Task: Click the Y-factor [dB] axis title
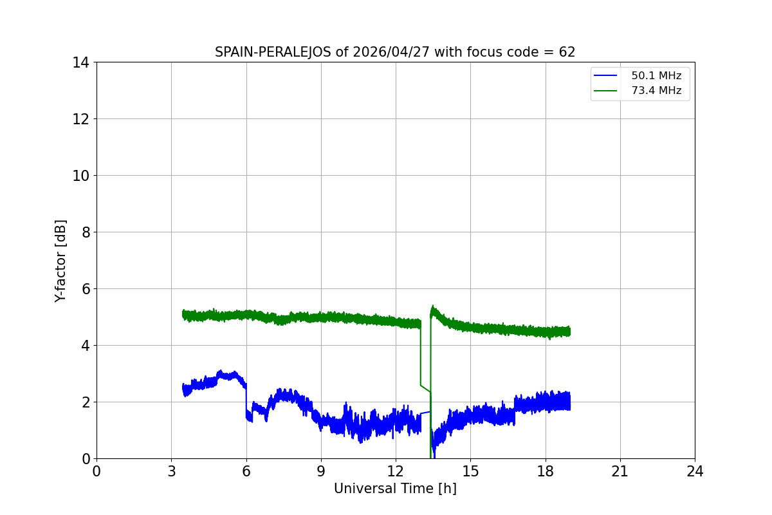pyautogui.click(x=60, y=261)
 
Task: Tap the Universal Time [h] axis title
pyautogui.click(x=395, y=489)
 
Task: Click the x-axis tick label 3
pyautogui.click(x=171, y=471)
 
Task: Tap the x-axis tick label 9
pyautogui.click(x=321, y=471)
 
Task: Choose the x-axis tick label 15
pyautogui.click(x=470, y=471)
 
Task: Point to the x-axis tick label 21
pyautogui.click(x=620, y=471)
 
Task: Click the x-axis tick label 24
pyautogui.click(x=695, y=471)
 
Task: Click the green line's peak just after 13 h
pyautogui.click(x=432, y=307)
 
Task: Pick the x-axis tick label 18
pyautogui.click(x=546, y=471)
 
